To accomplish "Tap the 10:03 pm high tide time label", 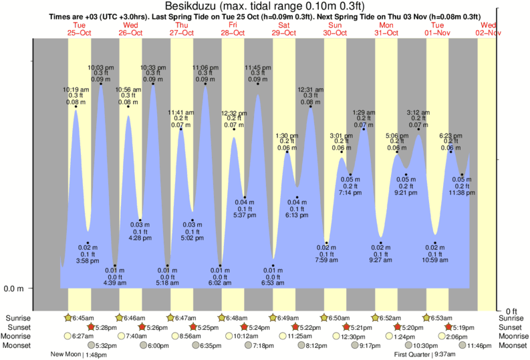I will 101,67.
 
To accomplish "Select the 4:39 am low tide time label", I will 116,283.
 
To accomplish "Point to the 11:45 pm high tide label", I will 257,67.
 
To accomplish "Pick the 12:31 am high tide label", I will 310,89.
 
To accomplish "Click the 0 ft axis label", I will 511,311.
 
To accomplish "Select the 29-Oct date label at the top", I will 284,33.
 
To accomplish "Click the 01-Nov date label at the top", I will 438,33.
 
